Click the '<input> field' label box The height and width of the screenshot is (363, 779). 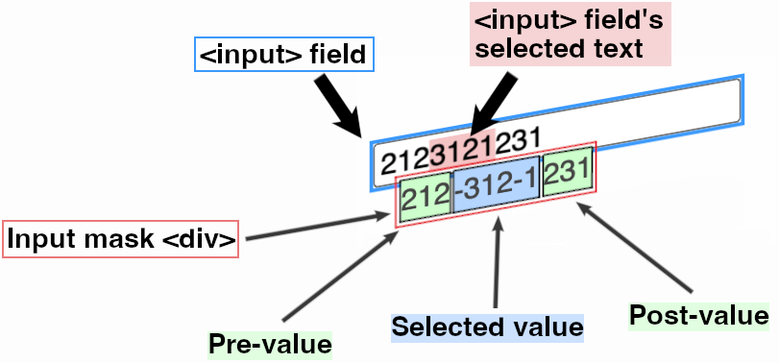coord(283,55)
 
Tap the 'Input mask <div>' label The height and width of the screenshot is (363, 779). coord(122,240)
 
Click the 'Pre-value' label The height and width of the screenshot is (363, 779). coord(270,343)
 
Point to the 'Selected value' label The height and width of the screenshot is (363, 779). coord(488,326)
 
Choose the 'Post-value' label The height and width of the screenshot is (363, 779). coord(698,315)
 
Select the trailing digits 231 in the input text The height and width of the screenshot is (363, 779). coord(520,140)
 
